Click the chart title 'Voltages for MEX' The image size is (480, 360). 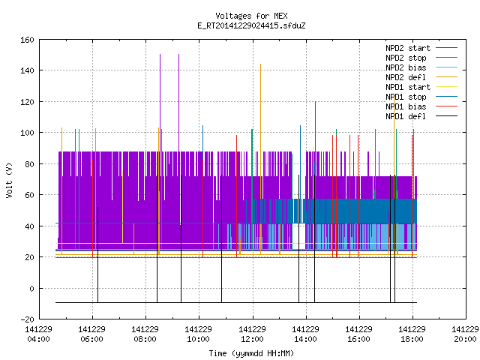251,16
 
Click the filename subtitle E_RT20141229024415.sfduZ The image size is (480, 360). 251,25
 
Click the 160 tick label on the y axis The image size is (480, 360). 27,40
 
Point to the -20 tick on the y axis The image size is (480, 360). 27,319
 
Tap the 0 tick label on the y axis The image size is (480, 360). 31,288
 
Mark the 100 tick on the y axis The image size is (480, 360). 27,133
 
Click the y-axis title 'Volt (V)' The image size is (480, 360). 10,180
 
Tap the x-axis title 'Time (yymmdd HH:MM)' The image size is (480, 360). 251,353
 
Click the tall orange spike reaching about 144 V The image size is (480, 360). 260,159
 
